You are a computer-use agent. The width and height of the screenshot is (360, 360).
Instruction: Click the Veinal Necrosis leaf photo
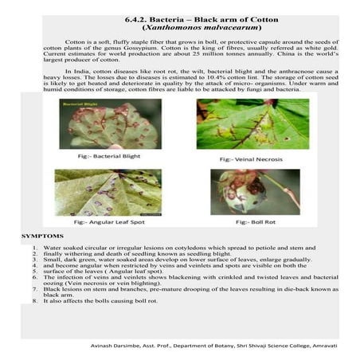point(252,123)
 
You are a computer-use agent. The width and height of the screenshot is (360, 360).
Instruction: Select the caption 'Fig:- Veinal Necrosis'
point(252,158)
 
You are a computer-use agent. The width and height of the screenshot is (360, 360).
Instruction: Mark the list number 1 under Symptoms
point(34,248)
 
